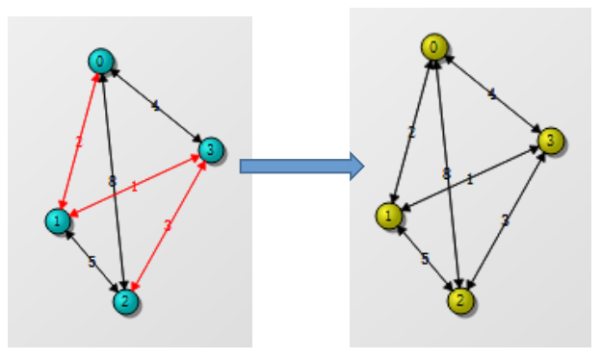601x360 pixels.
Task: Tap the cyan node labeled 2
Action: tap(124, 301)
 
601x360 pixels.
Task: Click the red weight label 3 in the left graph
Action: tap(167, 226)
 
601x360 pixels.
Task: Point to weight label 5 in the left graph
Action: tap(91, 261)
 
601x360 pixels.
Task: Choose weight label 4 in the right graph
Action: tap(493, 94)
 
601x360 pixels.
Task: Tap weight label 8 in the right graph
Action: tap(445, 173)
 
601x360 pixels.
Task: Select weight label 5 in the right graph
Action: tap(425, 259)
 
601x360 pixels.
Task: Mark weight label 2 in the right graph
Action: tap(411, 132)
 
